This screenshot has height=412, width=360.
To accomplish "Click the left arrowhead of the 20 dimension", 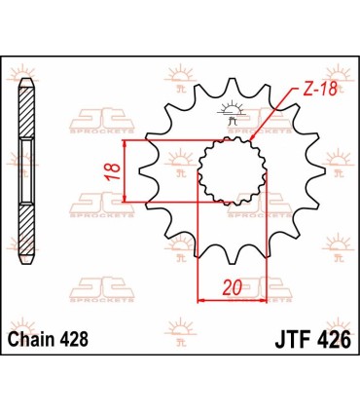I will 202,299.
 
